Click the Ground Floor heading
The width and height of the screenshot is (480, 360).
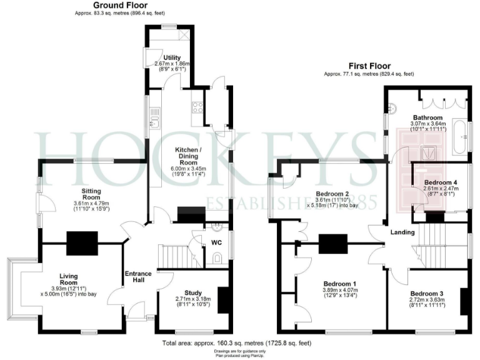[x=116, y=5]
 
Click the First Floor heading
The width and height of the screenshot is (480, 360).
[x=369, y=66]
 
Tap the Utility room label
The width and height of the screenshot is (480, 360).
[x=172, y=57]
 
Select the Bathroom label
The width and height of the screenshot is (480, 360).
[x=427, y=117]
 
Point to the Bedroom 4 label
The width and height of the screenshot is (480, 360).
[x=437, y=182]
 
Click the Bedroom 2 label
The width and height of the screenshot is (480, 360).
[x=332, y=194]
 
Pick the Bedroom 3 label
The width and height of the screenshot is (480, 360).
[x=426, y=293]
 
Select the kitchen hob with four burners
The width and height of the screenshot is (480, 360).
[x=197, y=107]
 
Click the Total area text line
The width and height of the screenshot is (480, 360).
[x=236, y=343]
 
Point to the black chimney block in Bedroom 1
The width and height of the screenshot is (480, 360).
[x=333, y=243]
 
